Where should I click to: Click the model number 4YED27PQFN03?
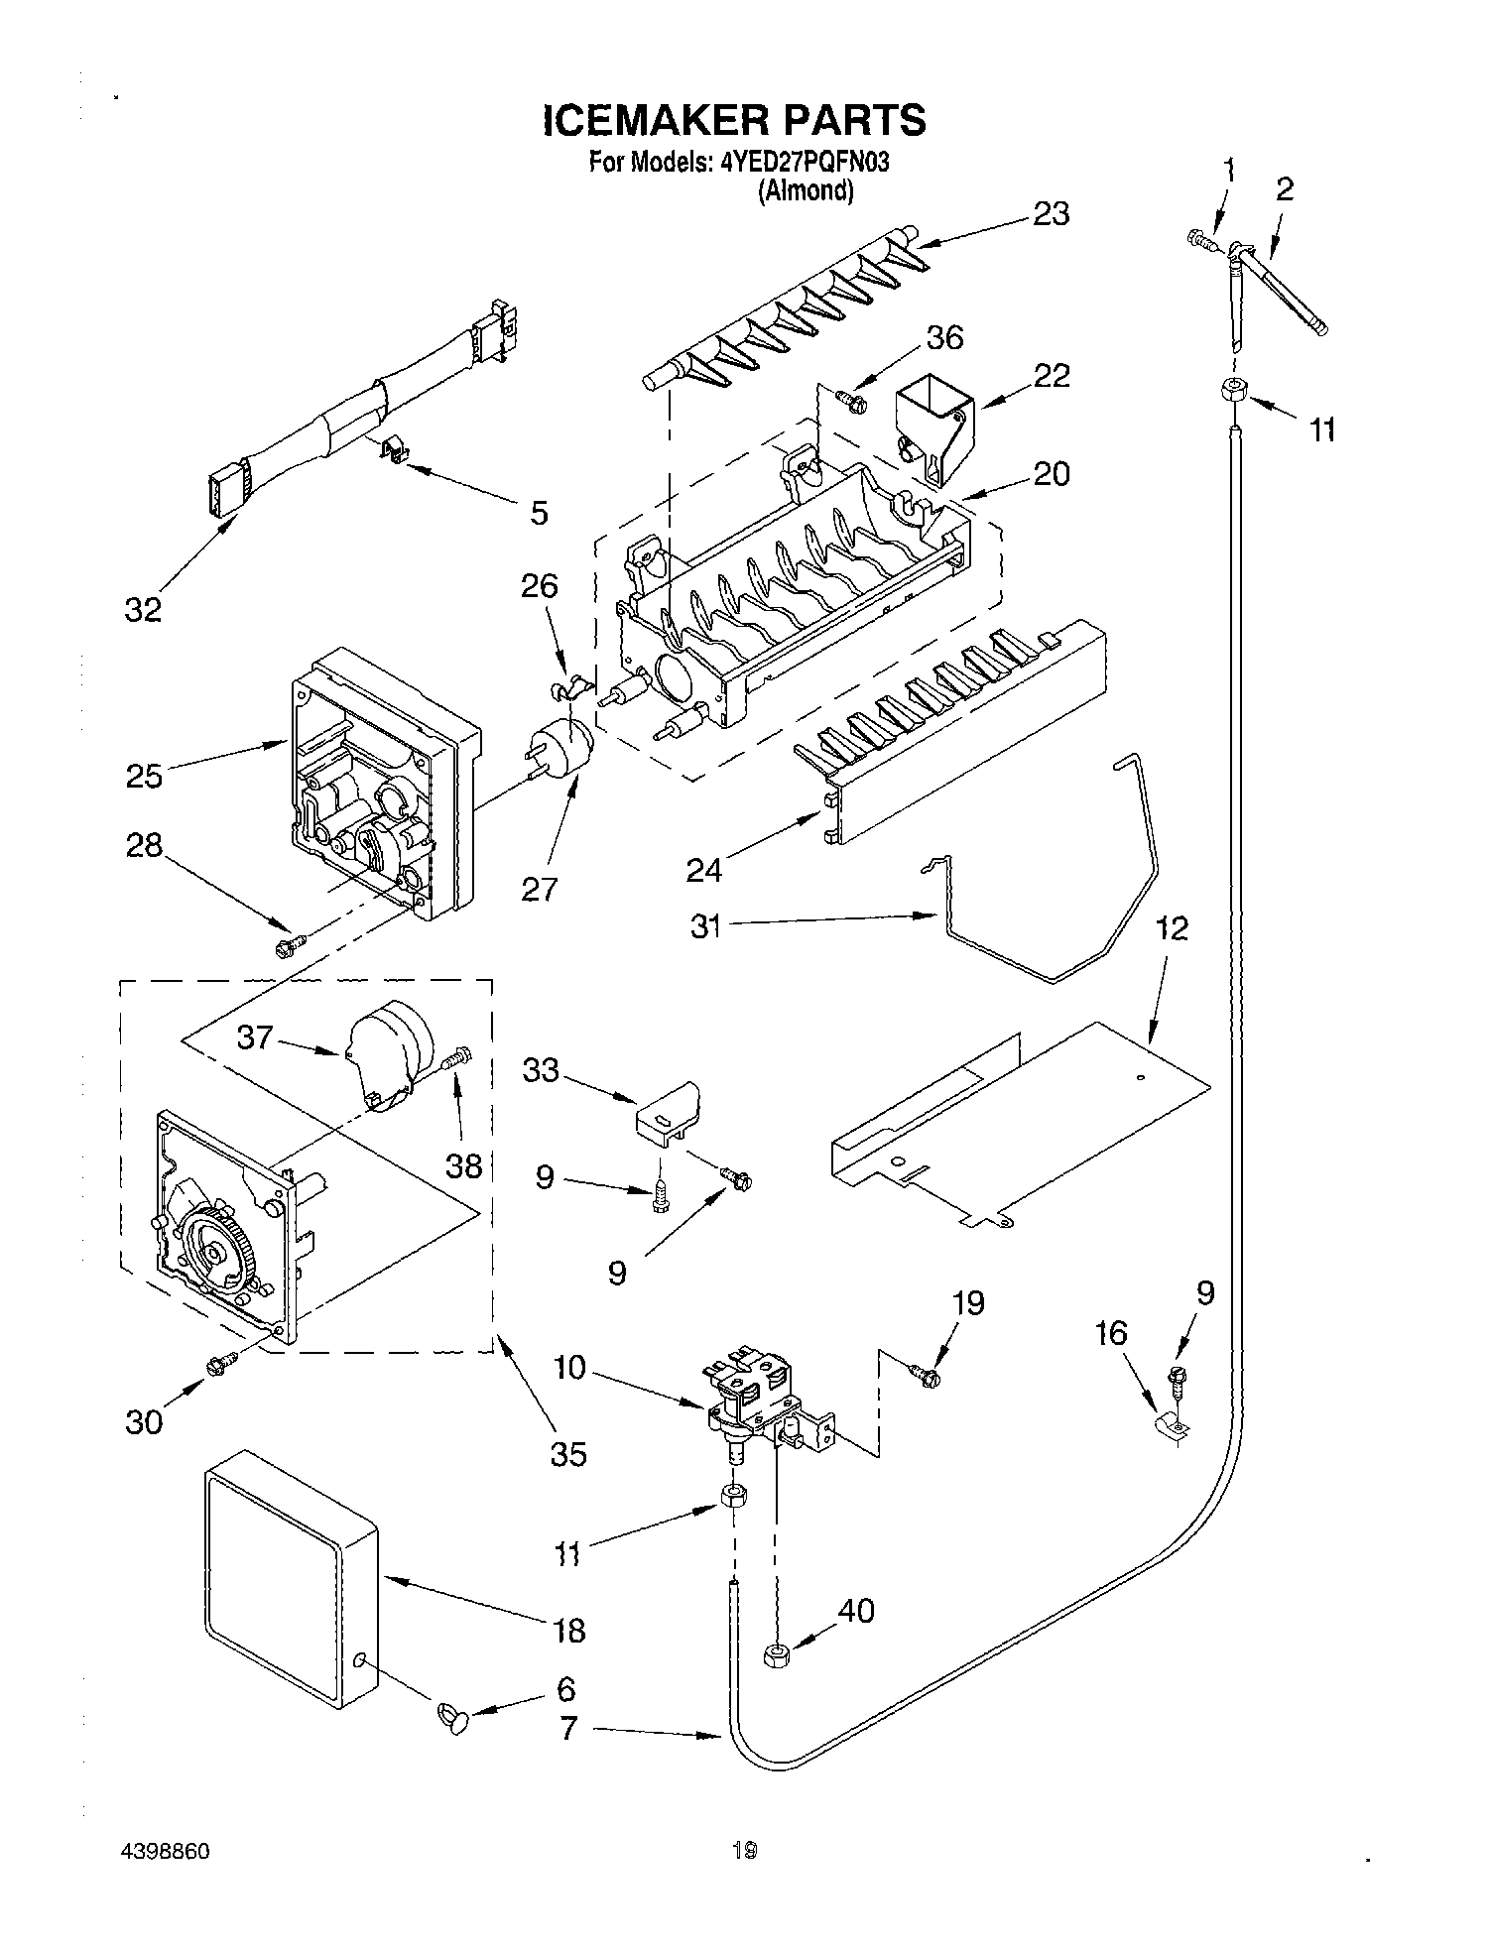pos(805,163)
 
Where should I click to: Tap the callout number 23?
pos(1051,213)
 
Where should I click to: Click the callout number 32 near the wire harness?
pos(143,609)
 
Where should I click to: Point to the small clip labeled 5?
pos(396,453)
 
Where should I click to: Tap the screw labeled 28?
pos(288,947)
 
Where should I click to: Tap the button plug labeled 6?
pos(452,1715)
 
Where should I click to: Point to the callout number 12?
pos(1171,929)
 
